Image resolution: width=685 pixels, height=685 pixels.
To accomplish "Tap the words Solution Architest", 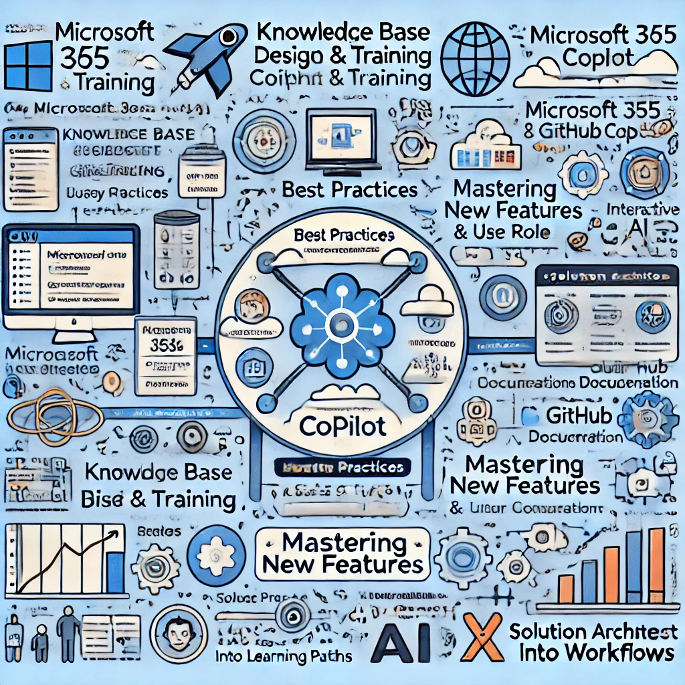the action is click(x=593, y=631).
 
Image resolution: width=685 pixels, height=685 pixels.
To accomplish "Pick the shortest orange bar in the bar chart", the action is click(x=566, y=588).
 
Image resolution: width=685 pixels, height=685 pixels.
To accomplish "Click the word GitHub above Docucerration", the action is click(x=579, y=416).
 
